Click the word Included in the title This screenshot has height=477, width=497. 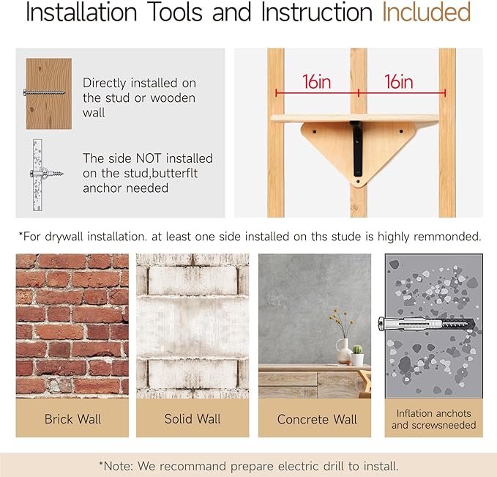tap(426, 12)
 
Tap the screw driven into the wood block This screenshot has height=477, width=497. tap(44, 92)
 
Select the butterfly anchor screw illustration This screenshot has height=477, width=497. tap(47, 174)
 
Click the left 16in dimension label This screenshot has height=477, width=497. tap(317, 82)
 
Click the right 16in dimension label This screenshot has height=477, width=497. tap(399, 82)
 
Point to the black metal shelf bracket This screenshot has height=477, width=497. tap(357, 148)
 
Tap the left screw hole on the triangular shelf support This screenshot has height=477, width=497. tap(315, 131)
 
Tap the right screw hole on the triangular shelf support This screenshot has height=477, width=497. tap(401, 131)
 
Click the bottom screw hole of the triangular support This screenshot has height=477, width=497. tap(359, 182)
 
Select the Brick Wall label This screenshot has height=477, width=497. tap(72, 419)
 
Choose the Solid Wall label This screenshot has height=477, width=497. tap(193, 419)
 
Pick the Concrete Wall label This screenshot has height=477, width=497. tap(317, 419)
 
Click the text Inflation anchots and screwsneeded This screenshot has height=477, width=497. tap(433, 419)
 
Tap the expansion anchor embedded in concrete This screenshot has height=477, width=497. tap(427, 324)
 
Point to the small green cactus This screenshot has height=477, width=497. tap(357, 350)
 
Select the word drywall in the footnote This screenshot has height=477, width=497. tap(64, 237)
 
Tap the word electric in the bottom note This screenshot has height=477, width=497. tap(299, 466)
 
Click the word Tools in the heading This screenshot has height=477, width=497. tap(175, 12)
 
